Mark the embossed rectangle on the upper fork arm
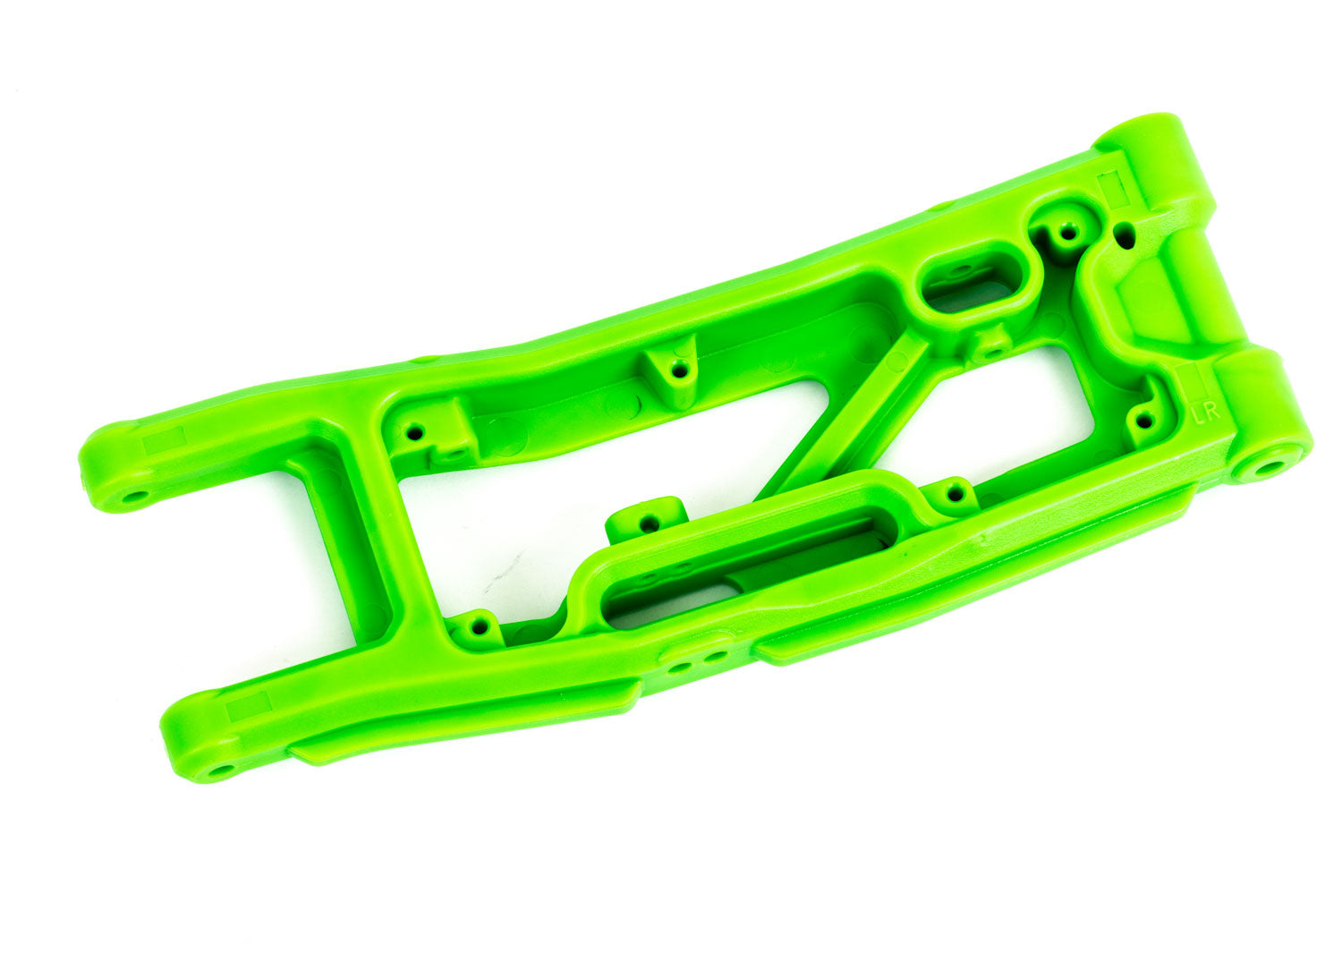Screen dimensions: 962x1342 (x=164, y=439)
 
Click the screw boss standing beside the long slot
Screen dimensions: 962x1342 (x=648, y=519)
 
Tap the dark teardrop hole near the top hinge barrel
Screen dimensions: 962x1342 (x=1126, y=237)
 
